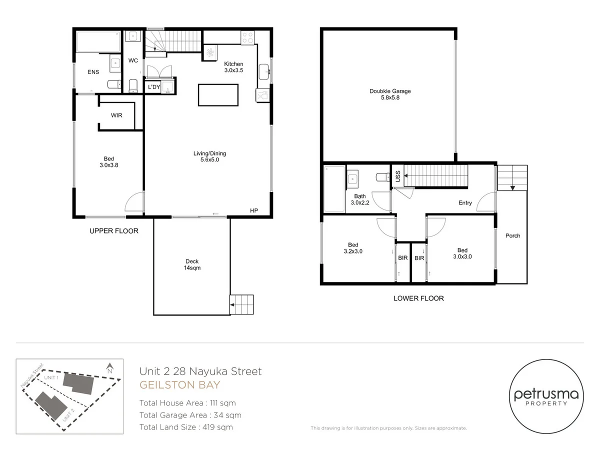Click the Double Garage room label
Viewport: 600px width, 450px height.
click(x=390, y=94)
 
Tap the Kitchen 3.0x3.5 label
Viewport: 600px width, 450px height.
click(x=233, y=67)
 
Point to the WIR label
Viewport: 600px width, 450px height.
click(x=116, y=115)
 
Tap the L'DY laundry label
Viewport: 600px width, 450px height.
click(x=153, y=87)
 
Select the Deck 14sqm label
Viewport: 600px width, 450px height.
click(x=192, y=264)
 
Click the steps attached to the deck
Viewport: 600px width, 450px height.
click(x=241, y=303)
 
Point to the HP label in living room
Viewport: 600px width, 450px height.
click(x=253, y=211)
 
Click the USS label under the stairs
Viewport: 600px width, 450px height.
click(x=397, y=176)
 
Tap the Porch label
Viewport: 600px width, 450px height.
click(x=512, y=235)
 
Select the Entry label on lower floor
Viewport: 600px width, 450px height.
click(x=465, y=203)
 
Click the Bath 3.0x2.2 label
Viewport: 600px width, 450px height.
click(x=359, y=199)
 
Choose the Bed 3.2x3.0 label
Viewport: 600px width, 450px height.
click(x=353, y=248)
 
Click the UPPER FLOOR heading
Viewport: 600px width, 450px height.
click(x=113, y=231)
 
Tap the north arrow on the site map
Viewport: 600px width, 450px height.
click(x=109, y=369)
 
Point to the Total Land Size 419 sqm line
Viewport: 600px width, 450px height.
click(x=186, y=427)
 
